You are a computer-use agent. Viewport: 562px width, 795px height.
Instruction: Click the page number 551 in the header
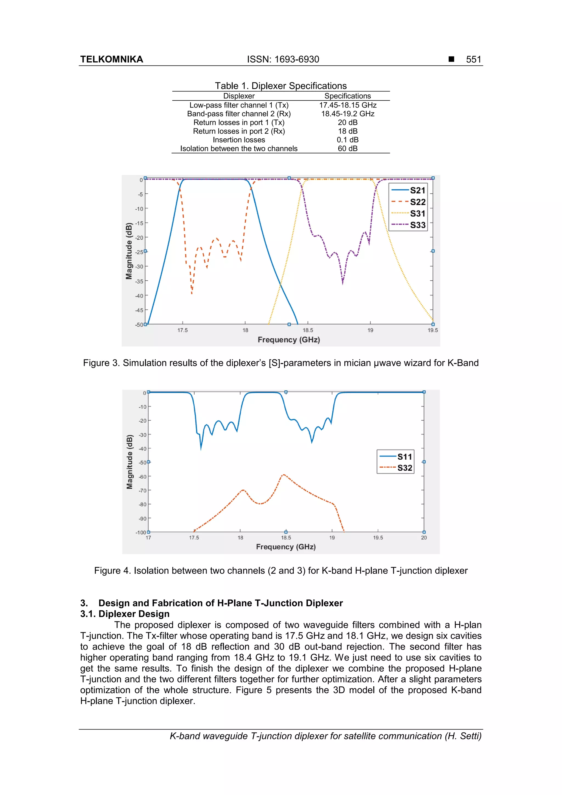pos(473,59)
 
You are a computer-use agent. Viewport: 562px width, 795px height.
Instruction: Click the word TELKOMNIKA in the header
pos(111,59)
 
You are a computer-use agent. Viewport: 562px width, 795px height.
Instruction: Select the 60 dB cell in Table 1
pos(347,148)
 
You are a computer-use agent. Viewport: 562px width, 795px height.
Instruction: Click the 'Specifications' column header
pos(347,96)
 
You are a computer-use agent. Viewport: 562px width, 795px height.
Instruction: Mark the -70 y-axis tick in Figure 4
pos(142,491)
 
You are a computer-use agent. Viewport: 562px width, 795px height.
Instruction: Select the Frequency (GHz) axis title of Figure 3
pos(288,340)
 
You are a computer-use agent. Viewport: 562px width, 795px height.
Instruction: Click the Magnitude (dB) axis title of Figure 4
pos(130,462)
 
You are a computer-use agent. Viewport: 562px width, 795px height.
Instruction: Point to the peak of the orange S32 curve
pos(283,475)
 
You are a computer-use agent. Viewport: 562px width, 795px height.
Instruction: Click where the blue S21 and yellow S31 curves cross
pos(280,284)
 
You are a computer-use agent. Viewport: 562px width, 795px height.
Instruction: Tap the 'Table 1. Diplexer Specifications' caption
pos(280,86)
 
